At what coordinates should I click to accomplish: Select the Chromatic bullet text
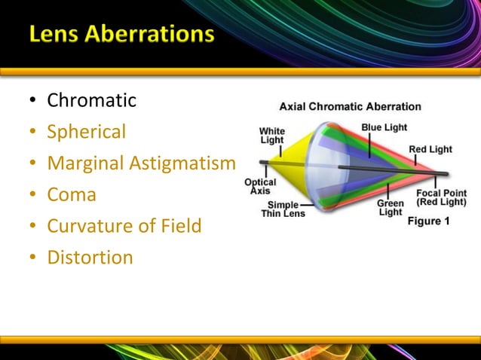click(91, 100)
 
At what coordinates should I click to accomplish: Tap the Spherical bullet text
click(86, 132)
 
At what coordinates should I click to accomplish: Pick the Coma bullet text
click(72, 195)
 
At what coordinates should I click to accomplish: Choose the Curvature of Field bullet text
click(124, 226)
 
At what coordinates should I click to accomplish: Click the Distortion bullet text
click(90, 258)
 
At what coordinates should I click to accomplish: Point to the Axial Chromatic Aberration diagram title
click(350, 107)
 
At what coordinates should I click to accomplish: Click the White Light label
click(271, 136)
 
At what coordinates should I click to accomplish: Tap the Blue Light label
click(383, 127)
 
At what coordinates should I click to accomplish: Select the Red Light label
click(430, 149)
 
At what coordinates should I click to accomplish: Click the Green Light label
click(390, 208)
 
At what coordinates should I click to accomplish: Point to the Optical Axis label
click(259, 187)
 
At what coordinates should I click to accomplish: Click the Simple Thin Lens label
click(283, 209)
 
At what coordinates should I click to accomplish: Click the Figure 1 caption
click(428, 221)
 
